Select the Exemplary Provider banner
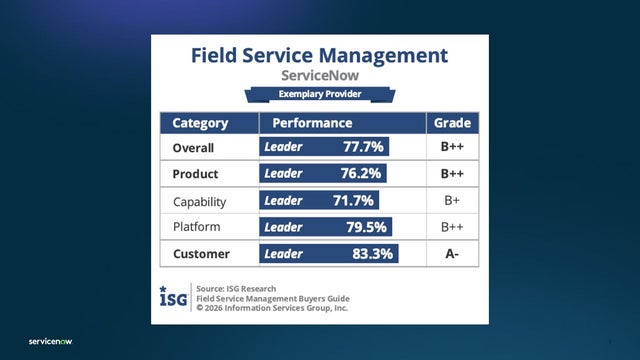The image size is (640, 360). pos(319,96)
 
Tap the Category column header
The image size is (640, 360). pos(200,124)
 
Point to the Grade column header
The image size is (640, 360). pos(452,124)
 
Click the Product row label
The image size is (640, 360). pos(196,173)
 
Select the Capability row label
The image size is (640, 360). pos(200,201)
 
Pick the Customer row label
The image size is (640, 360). pos(201,254)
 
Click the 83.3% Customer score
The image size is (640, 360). pos(371,254)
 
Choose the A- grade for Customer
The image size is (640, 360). pos(452,254)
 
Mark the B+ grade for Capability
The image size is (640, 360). pos(452,201)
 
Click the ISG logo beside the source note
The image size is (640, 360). pos(171,297)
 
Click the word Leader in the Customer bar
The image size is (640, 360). pos(283,254)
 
